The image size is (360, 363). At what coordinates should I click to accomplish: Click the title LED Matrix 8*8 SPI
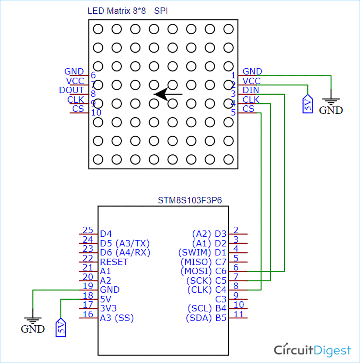(x=127, y=11)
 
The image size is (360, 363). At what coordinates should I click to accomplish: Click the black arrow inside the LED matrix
(x=168, y=94)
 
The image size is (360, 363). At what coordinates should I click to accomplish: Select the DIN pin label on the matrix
(x=251, y=90)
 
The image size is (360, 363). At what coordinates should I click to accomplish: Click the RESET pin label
(x=114, y=262)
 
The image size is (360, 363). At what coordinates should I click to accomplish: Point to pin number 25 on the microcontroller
(x=88, y=230)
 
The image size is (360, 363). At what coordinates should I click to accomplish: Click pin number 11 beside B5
(x=238, y=314)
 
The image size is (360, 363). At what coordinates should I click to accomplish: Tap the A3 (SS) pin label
(x=117, y=318)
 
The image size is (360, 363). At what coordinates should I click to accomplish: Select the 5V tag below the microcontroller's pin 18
(x=61, y=327)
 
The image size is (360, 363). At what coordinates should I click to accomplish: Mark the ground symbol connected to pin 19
(x=33, y=324)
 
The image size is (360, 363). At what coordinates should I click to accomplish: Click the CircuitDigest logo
(x=312, y=350)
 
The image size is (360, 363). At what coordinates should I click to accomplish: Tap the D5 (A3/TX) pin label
(x=125, y=243)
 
